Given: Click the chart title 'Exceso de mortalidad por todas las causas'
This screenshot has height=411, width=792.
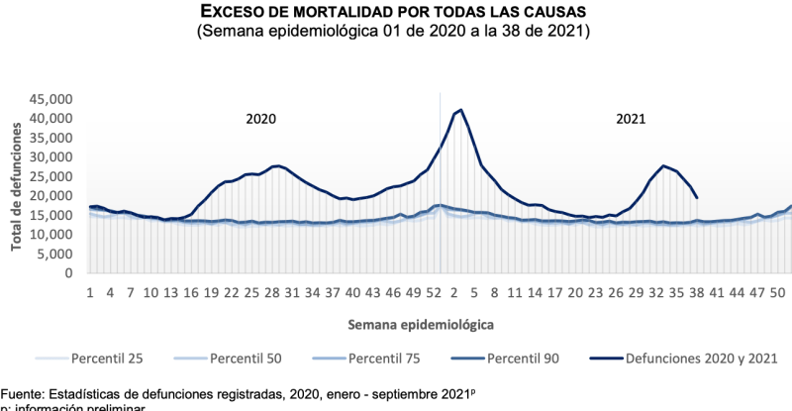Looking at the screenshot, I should [x=396, y=12].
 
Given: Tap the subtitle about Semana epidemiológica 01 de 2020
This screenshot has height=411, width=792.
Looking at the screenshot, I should [x=396, y=32].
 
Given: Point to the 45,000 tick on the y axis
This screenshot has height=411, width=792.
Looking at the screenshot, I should [x=50, y=99].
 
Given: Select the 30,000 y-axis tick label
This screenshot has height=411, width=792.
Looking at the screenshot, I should [x=50, y=156].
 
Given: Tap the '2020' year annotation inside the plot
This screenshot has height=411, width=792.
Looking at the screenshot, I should [x=260, y=119].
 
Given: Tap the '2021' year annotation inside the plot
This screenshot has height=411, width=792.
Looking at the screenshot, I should [x=631, y=119].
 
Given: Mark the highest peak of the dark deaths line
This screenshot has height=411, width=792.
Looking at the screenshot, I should [x=461, y=110].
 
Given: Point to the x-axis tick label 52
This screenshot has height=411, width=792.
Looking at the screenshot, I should [x=433, y=293].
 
